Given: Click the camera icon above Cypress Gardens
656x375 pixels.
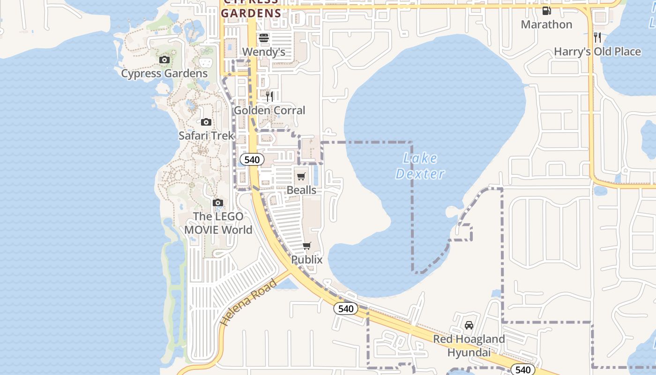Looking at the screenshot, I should (164, 60).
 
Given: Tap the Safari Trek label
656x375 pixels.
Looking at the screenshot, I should (206, 135).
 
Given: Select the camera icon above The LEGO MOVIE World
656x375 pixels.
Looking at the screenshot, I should (217, 202).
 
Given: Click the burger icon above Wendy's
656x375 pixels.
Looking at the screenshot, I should (264, 37).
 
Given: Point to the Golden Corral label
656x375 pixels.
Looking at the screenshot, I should (269, 111).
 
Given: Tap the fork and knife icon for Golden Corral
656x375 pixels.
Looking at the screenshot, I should (269, 97).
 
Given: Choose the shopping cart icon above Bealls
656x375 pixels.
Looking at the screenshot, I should (301, 176).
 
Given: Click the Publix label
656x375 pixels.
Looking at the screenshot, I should (307, 259).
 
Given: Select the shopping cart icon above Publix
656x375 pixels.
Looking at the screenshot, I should (307, 246).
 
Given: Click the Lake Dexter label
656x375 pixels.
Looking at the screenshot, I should (420, 166).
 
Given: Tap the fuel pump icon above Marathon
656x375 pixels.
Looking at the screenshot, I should (546, 10).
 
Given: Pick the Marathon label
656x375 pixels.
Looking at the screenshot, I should (546, 24).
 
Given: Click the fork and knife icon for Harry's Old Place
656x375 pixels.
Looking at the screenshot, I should (597, 37).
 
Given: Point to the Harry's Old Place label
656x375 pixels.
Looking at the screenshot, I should (597, 52).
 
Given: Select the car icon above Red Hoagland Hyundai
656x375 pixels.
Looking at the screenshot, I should (469, 325).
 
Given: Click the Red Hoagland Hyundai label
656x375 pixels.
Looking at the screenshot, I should (469, 345).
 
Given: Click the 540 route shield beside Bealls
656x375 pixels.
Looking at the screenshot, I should (252, 159).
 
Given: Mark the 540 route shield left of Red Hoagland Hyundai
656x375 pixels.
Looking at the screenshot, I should (346, 308).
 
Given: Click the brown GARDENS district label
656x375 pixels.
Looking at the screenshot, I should (251, 13).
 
